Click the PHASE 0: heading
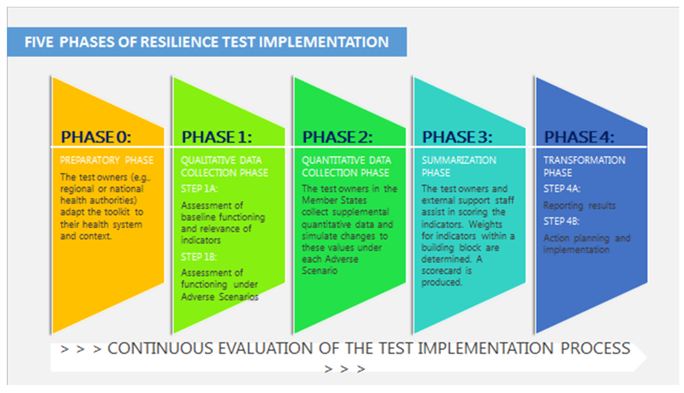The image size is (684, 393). [96, 137]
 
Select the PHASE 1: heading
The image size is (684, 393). [217, 137]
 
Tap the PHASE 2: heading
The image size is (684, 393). [338, 137]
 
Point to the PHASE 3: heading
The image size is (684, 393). [457, 137]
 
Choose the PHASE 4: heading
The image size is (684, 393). [579, 137]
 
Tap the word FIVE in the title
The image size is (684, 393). [39, 42]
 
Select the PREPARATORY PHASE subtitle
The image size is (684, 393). [107, 160]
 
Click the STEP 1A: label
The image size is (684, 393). [199, 189]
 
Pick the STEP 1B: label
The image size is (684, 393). [199, 257]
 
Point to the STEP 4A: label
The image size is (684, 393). [562, 189]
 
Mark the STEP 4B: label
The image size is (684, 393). [561, 221]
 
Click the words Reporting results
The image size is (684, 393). [579, 206]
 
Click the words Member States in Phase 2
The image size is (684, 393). [334, 200]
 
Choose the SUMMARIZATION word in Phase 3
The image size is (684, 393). [459, 160]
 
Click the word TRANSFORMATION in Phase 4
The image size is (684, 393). [584, 160]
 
